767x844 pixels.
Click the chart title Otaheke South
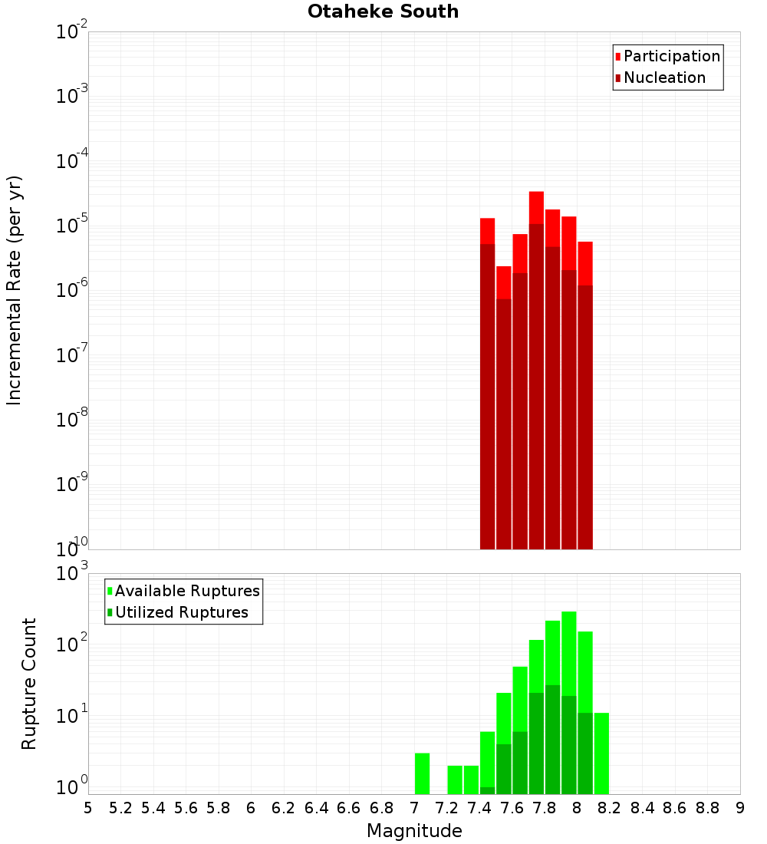coord(383,12)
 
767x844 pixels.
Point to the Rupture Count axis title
coord(29,684)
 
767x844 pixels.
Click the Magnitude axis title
coord(414,831)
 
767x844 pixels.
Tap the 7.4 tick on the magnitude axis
coord(479,808)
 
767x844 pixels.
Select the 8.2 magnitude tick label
coord(610,808)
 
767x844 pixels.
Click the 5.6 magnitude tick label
coord(186,808)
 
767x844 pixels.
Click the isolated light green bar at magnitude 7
coord(422,773)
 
